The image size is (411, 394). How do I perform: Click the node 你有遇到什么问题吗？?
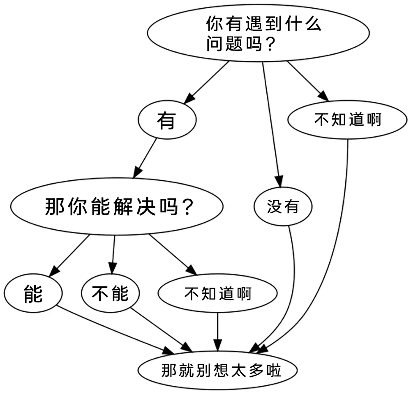pyautogui.click(x=258, y=33)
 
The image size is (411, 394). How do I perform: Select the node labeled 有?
pyautogui.click(x=167, y=120)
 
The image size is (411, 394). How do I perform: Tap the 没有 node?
pyautogui.click(x=283, y=206)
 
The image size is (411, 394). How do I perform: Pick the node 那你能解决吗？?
pyautogui.click(x=117, y=206)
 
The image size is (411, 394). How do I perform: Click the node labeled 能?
pyautogui.click(x=33, y=293)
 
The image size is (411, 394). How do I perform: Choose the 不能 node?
pyautogui.click(x=110, y=293)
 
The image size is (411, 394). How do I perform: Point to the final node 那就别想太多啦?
pyautogui.click(x=217, y=371)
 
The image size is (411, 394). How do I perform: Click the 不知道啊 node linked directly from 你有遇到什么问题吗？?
pyautogui.click(x=347, y=120)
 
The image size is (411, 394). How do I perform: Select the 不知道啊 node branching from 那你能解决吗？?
pyautogui.click(x=217, y=293)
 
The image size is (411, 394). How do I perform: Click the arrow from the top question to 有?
pyautogui.click(x=207, y=83)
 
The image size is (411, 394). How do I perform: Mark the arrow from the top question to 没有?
pyautogui.click(x=272, y=125)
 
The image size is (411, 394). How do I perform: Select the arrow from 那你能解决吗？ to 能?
pyautogui.click(x=69, y=256)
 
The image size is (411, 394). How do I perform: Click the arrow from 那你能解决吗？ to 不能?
pyautogui.click(x=113, y=254)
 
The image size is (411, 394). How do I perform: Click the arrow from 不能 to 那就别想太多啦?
pyautogui.click(x=162, y=330)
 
